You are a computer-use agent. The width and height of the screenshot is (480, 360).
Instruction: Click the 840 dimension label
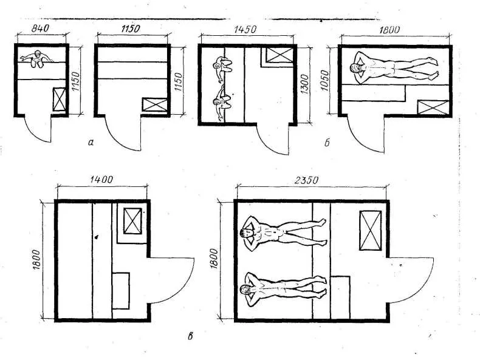pos(40,29)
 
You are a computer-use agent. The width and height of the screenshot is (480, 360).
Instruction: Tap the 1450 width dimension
pos(245,29)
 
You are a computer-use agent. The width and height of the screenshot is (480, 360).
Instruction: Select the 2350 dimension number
pos(306,180)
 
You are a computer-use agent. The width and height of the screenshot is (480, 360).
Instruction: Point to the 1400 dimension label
pos(101,179)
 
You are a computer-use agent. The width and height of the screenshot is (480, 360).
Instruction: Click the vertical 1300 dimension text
pos(304,84)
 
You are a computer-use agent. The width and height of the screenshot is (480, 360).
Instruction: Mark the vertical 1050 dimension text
pos(324,81)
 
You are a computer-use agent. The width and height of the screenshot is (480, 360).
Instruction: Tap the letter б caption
pos(327,143)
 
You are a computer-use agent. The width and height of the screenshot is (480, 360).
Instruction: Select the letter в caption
pos(190,337)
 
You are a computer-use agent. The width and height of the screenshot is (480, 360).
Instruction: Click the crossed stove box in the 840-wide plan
pos(59,100)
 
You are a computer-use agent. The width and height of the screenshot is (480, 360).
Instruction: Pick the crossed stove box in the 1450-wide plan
pos(278,55)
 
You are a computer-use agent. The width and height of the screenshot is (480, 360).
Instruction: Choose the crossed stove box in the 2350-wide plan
pos(371,230)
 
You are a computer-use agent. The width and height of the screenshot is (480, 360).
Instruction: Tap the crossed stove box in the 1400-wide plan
pos(132,221)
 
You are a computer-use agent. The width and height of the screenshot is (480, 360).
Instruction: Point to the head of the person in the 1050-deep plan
pos(355,69)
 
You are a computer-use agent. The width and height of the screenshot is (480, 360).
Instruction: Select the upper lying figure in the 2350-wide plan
pos(283,230)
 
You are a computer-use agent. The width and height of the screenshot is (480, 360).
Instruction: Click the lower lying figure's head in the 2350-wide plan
pos(245,289)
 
